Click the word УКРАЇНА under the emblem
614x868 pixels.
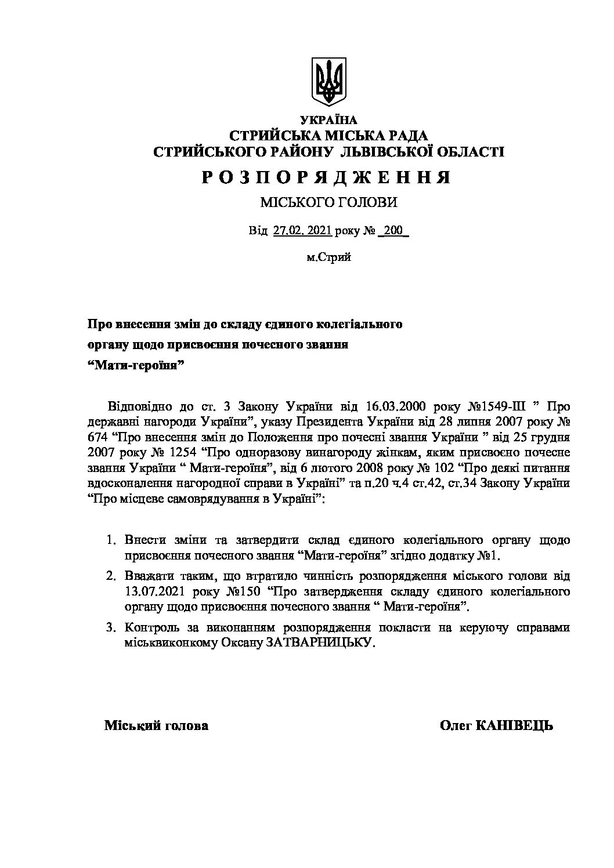tap(328, 120)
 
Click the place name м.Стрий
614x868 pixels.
tap(328, 257)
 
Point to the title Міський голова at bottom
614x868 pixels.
tap(156, 725)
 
